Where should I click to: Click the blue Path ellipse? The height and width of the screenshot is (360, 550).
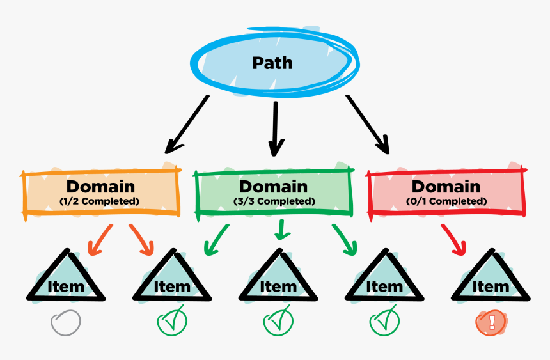pos(273,63)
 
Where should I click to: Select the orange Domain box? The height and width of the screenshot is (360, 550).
pos(101,192)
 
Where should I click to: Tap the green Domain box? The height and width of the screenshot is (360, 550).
pos(274,192)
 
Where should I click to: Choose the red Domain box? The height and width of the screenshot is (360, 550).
pos(446,192)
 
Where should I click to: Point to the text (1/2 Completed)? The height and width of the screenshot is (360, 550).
pos(100,201)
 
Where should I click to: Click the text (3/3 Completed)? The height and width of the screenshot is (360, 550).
pos(274,201)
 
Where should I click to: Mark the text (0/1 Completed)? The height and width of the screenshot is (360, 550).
pos(446,201)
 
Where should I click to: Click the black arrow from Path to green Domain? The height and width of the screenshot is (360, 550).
pos(276,128)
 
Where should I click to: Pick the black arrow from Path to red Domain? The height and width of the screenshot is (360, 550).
pos(368,125)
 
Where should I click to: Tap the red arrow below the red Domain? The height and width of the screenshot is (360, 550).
pos(454,240)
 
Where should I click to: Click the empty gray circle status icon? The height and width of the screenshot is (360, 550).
pos(66,322)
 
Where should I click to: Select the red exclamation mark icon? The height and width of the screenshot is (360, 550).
pos(491,322)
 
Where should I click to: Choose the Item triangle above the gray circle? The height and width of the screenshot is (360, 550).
pos(65,279)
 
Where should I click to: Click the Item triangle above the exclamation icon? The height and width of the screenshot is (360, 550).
pos(491,279)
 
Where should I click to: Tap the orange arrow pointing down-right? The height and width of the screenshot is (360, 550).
pos(143,239)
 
